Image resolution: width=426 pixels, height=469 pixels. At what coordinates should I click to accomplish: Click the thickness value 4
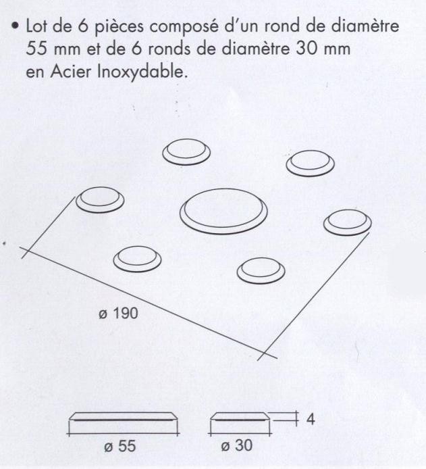click(311, 419)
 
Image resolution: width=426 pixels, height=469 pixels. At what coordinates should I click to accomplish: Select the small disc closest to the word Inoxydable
click(185, 153)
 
